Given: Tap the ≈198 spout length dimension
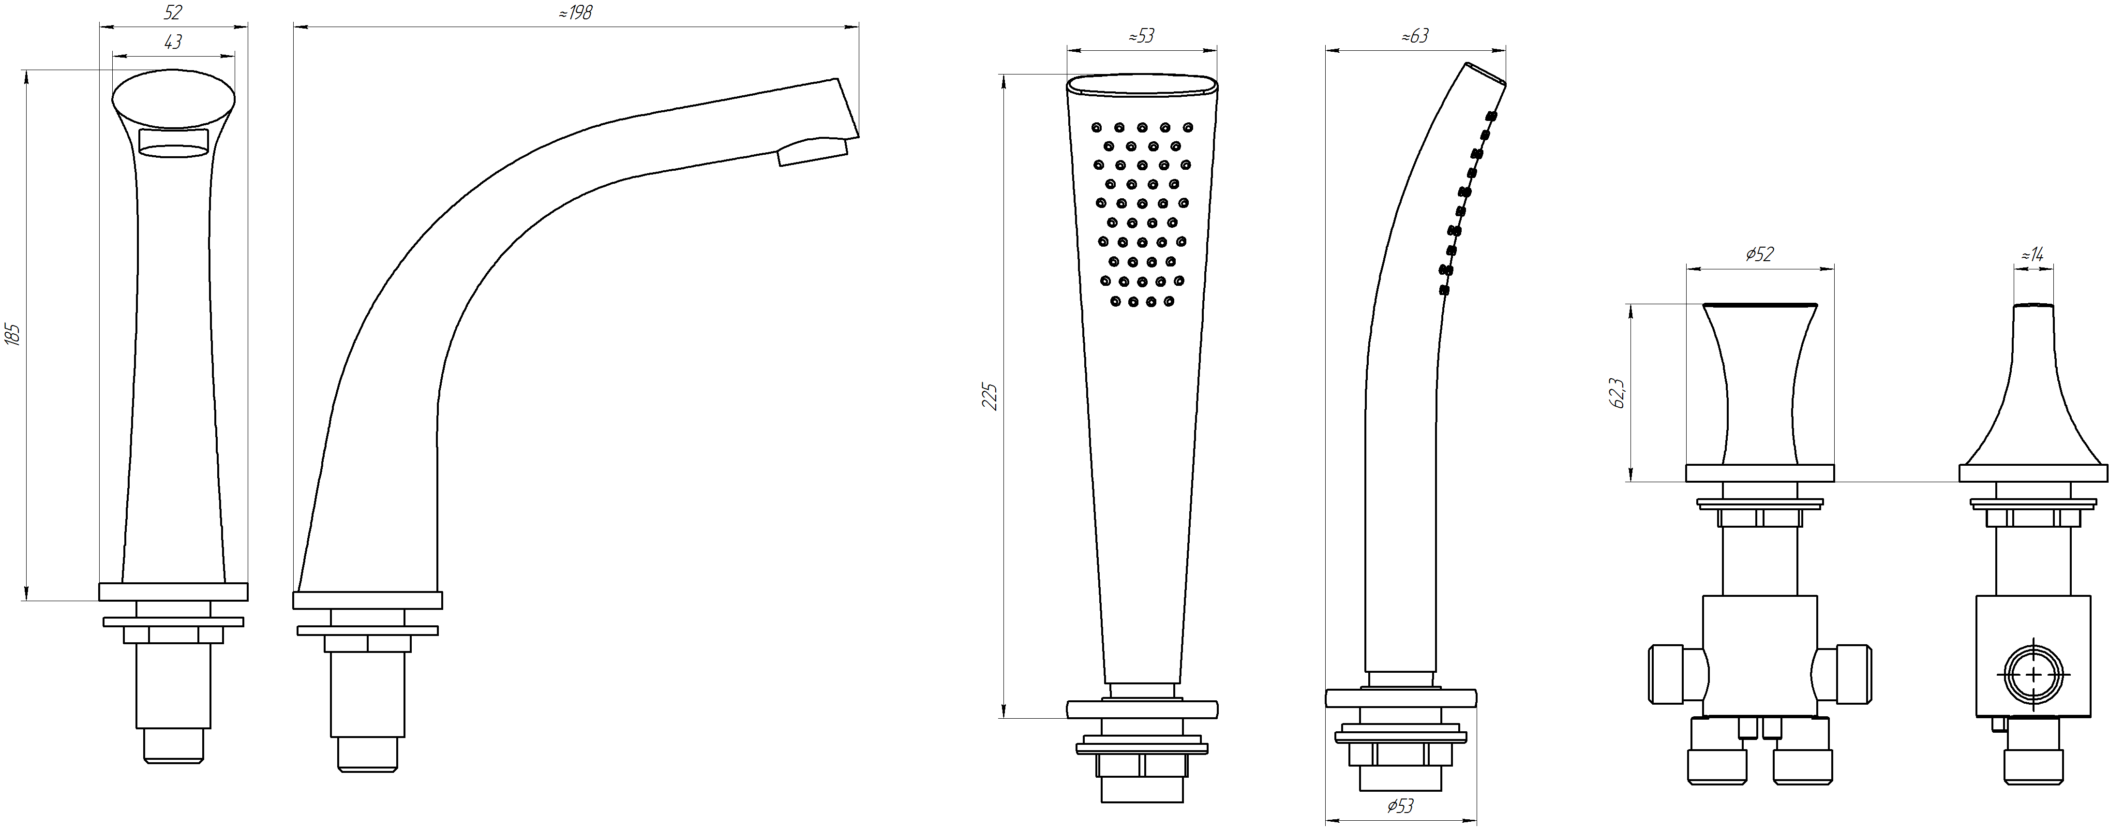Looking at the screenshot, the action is pyautogui.click(x=576, y=12).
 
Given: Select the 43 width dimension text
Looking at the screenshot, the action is pyautogui.click(x=173, y=42).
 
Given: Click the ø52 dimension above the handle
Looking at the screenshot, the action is pyautogui.click(x=1759, y=254).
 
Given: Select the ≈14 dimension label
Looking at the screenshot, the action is pyautogui.click(x=2032, y=254).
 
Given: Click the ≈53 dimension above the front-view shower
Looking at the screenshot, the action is pyautogui.click(x=1141, y=36).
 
